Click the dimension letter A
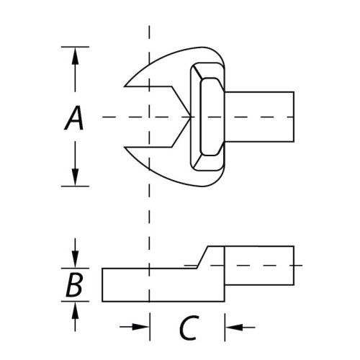pyautogui.click(x=74, y=118)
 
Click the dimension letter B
pyautogui.click(x=74, y=284)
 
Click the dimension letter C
pyautogui.click(x=189, y=328)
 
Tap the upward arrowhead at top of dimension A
pyautogui.click(x=75, y=55)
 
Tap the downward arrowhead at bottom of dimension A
pyautogui.click(x=75, y=177)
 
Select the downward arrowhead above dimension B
pyautogui.click(x=76, y=260)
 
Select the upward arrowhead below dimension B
pyautogui.click(x=76, y=310)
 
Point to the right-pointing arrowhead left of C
pyautogui.click(x=140, y=327)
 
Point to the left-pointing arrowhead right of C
pyautogui.click(x=234, y=327)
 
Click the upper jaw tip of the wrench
pyautogui.click(x=125, y=86)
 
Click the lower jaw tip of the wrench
pyautogui.click(x=125, y=147)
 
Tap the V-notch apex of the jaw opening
pyautogui.click(x=191, y=117)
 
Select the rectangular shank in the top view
pyautogui.click(x=259, y=117)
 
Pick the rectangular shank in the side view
pyautogui.click(x=259, y=266)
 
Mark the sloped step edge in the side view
pyautogui.click(x=202, y=257)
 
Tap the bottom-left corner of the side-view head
pyautogui.click(x=102, y=301)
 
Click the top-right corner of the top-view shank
pyautogui.click(x=294, y=92)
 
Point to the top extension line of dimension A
pyautogui.click(x=75, y=47)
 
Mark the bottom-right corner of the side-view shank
pyautogui.click(x=294, y=285)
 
